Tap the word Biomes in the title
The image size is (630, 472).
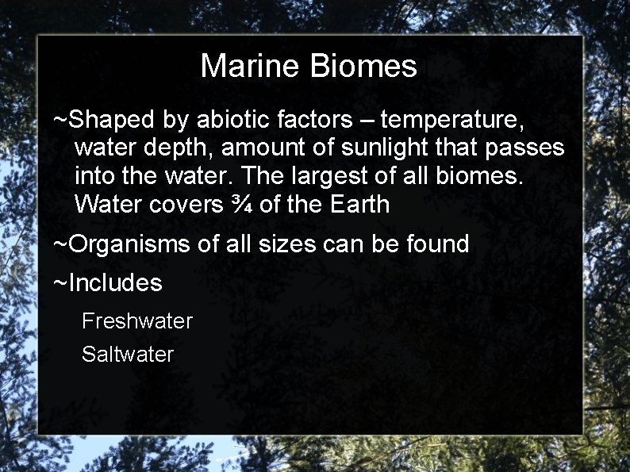coord(363,66)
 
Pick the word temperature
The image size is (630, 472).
coord(452,120)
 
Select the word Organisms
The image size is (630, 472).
coord(129,244)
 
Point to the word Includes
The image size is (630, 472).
coord(114,282)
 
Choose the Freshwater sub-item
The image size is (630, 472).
coord(137,321)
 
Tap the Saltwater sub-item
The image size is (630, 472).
coord(128,354)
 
